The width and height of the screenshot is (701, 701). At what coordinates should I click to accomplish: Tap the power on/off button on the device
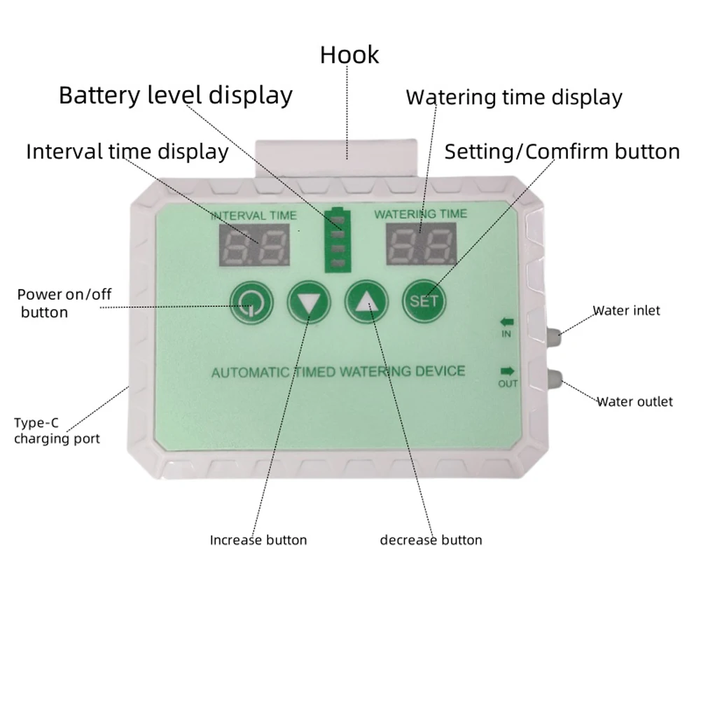pos(250,302)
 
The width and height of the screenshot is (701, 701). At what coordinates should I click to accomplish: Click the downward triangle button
pos(308,302)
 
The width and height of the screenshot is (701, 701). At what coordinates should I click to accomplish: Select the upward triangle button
pos(366,302)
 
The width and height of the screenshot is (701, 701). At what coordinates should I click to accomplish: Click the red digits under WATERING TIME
pos(420,245)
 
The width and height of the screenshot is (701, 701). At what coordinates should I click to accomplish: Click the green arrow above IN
pos(507,322)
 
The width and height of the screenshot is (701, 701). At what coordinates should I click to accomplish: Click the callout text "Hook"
pos(349,55)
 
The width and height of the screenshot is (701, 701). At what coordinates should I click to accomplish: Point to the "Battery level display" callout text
pos(175,95)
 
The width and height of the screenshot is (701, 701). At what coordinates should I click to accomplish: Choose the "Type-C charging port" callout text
pos(56,431)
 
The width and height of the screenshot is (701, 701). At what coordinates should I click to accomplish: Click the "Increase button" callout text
pos(258,540)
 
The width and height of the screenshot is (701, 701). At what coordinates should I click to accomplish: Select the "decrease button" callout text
pos(431,540)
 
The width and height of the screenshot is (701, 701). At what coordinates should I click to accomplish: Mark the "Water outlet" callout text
pos(634,401)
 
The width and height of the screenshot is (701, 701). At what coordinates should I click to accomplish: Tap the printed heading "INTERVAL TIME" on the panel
pos(253,215)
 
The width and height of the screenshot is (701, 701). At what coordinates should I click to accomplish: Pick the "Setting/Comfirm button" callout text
pos(562,152)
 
